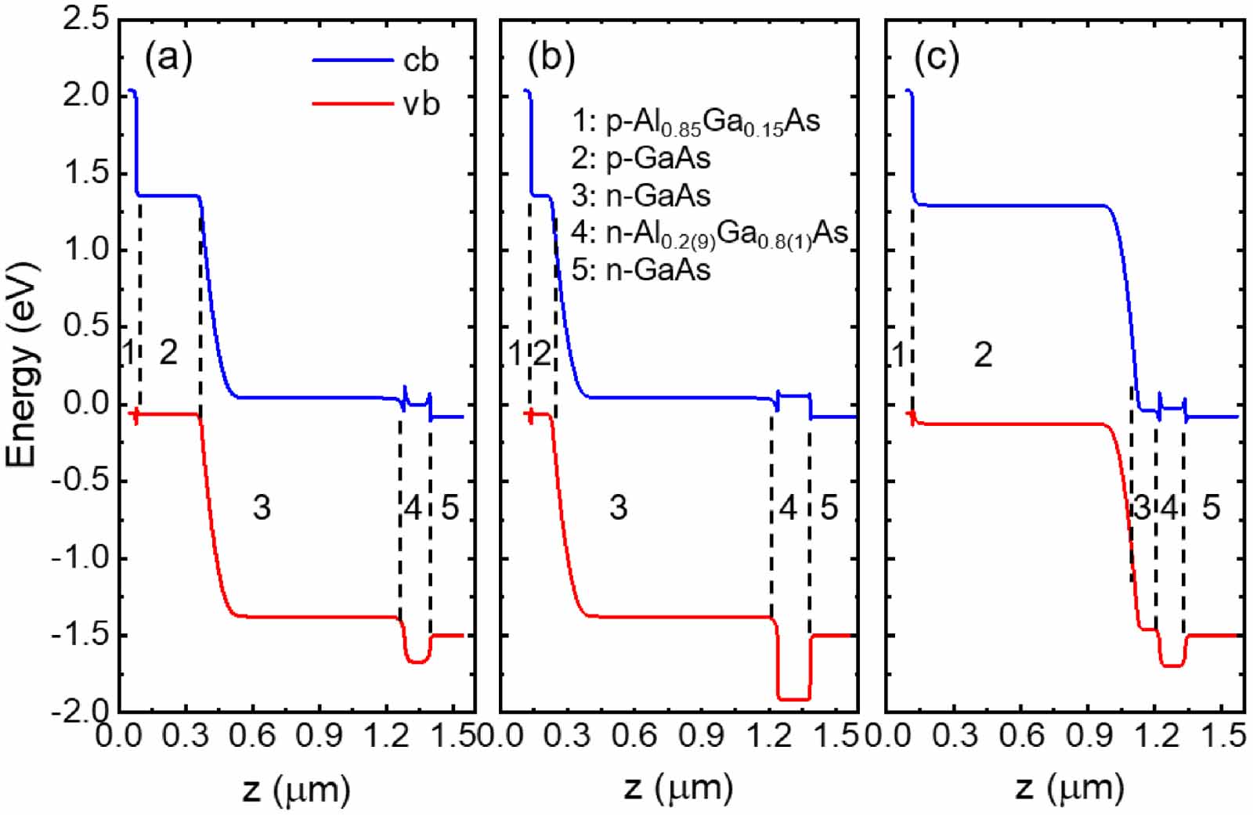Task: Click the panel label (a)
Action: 168,57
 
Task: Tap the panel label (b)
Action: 551,57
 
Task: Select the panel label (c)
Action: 937,57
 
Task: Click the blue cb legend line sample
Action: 352,60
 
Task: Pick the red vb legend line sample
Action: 352,103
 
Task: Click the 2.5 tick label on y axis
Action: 86,19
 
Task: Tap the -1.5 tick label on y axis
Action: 81,635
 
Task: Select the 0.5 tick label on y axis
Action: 86,326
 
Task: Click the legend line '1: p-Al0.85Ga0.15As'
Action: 695,122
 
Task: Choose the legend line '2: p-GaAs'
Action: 641,158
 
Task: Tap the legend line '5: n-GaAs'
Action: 641,269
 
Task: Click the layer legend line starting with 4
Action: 710,233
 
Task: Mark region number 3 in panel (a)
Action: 262,507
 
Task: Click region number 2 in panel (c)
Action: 983,355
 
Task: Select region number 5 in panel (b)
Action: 829,507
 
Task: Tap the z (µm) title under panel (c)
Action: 1071,788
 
